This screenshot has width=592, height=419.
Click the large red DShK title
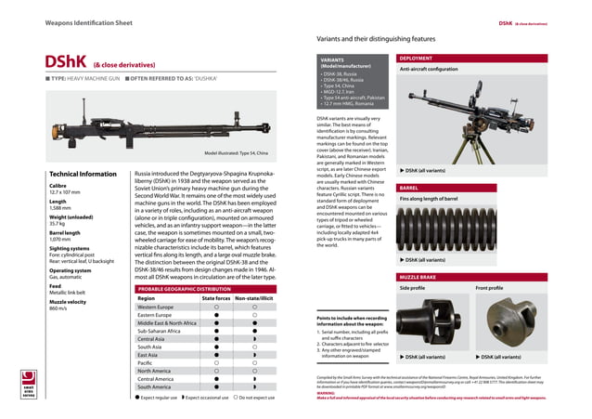(x=67, y=62)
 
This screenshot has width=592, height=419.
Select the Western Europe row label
(x=155, y=308)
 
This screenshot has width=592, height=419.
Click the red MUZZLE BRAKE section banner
(x=418, y=278)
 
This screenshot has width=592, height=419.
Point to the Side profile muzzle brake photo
(x=433, y=321)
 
